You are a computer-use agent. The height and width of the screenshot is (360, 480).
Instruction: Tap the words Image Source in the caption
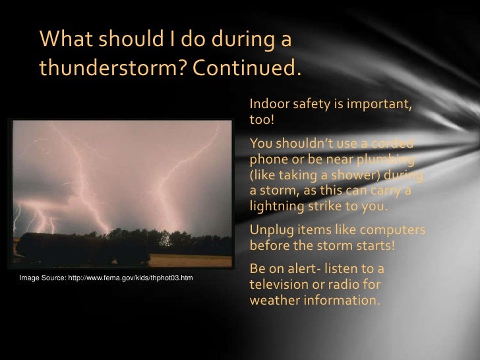(42, 278)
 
